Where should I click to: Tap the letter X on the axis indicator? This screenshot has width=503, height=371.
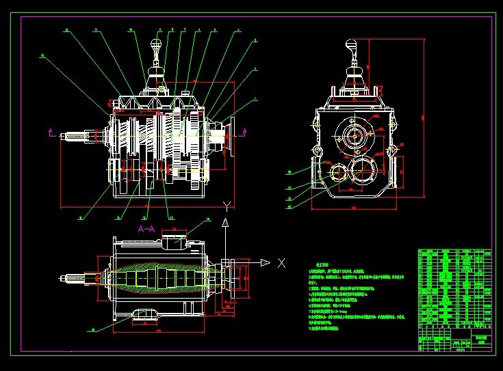coord(281,263)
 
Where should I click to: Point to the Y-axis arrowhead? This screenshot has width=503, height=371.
coord(224,223)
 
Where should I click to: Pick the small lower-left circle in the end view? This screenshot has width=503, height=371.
coord(336,174)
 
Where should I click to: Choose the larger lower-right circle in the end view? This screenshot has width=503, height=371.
coord(360,170)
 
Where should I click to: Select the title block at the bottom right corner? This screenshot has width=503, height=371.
coord(454,339)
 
